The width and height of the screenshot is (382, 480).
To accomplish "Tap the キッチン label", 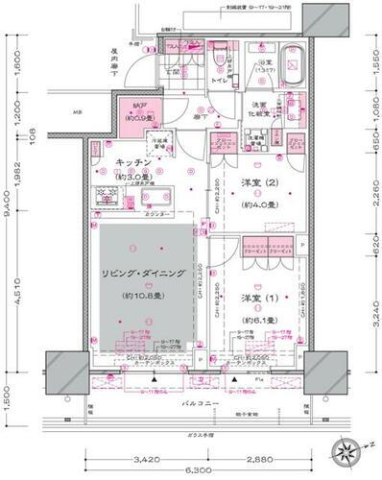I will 131,162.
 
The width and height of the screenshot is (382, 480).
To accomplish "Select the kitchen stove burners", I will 106,194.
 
